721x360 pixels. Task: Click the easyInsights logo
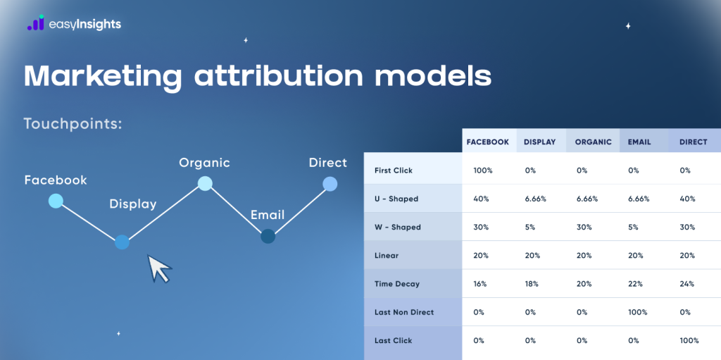(74, 24)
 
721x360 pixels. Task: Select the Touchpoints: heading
(73, 124)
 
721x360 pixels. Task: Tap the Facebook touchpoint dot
(56, 201)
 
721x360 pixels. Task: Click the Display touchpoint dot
(122, 242)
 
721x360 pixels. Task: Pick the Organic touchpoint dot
(205, 184)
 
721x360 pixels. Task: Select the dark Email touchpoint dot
(268, 237)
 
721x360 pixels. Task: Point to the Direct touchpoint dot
(330, 184)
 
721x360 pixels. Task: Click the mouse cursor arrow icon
(159, 268)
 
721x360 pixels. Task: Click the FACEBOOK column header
(487, 142)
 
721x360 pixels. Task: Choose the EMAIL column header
(639, 142)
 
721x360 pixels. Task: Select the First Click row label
(394, 170)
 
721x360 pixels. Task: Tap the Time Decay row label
(397, 284)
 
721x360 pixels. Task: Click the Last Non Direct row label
(404, 312)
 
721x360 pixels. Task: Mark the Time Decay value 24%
(686, 284)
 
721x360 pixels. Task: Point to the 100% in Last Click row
(689, 341)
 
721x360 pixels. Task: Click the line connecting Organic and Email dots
(236, 210)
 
